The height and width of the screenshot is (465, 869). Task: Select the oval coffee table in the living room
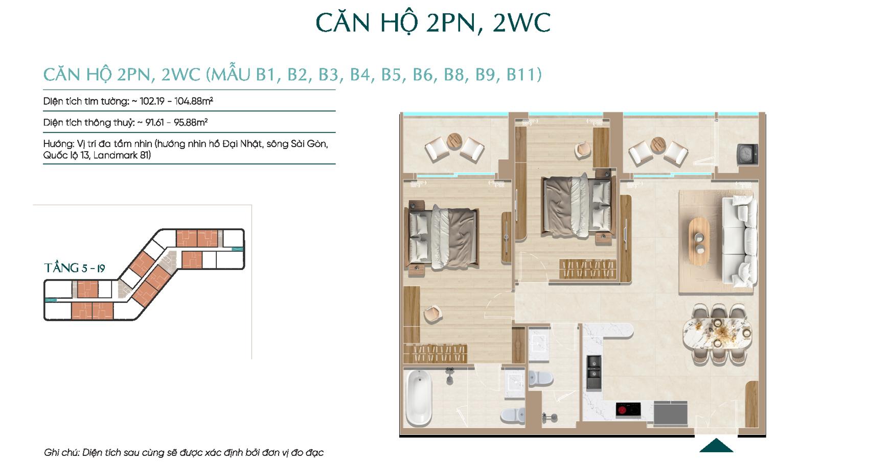pos(699,242)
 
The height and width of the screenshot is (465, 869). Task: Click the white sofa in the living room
pos(740,240)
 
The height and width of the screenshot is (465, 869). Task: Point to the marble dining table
pos(717,333)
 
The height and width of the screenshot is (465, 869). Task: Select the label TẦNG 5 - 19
pos(75,268)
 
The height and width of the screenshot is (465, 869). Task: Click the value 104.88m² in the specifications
pos(194,101)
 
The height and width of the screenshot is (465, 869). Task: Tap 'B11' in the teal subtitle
pos(524,75)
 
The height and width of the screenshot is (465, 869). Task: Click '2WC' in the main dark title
pos(522,22)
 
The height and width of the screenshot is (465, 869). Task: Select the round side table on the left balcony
pos(454,141)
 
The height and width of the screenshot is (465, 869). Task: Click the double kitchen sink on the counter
pos(593,373)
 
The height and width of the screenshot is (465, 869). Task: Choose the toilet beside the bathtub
pos(513,415)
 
